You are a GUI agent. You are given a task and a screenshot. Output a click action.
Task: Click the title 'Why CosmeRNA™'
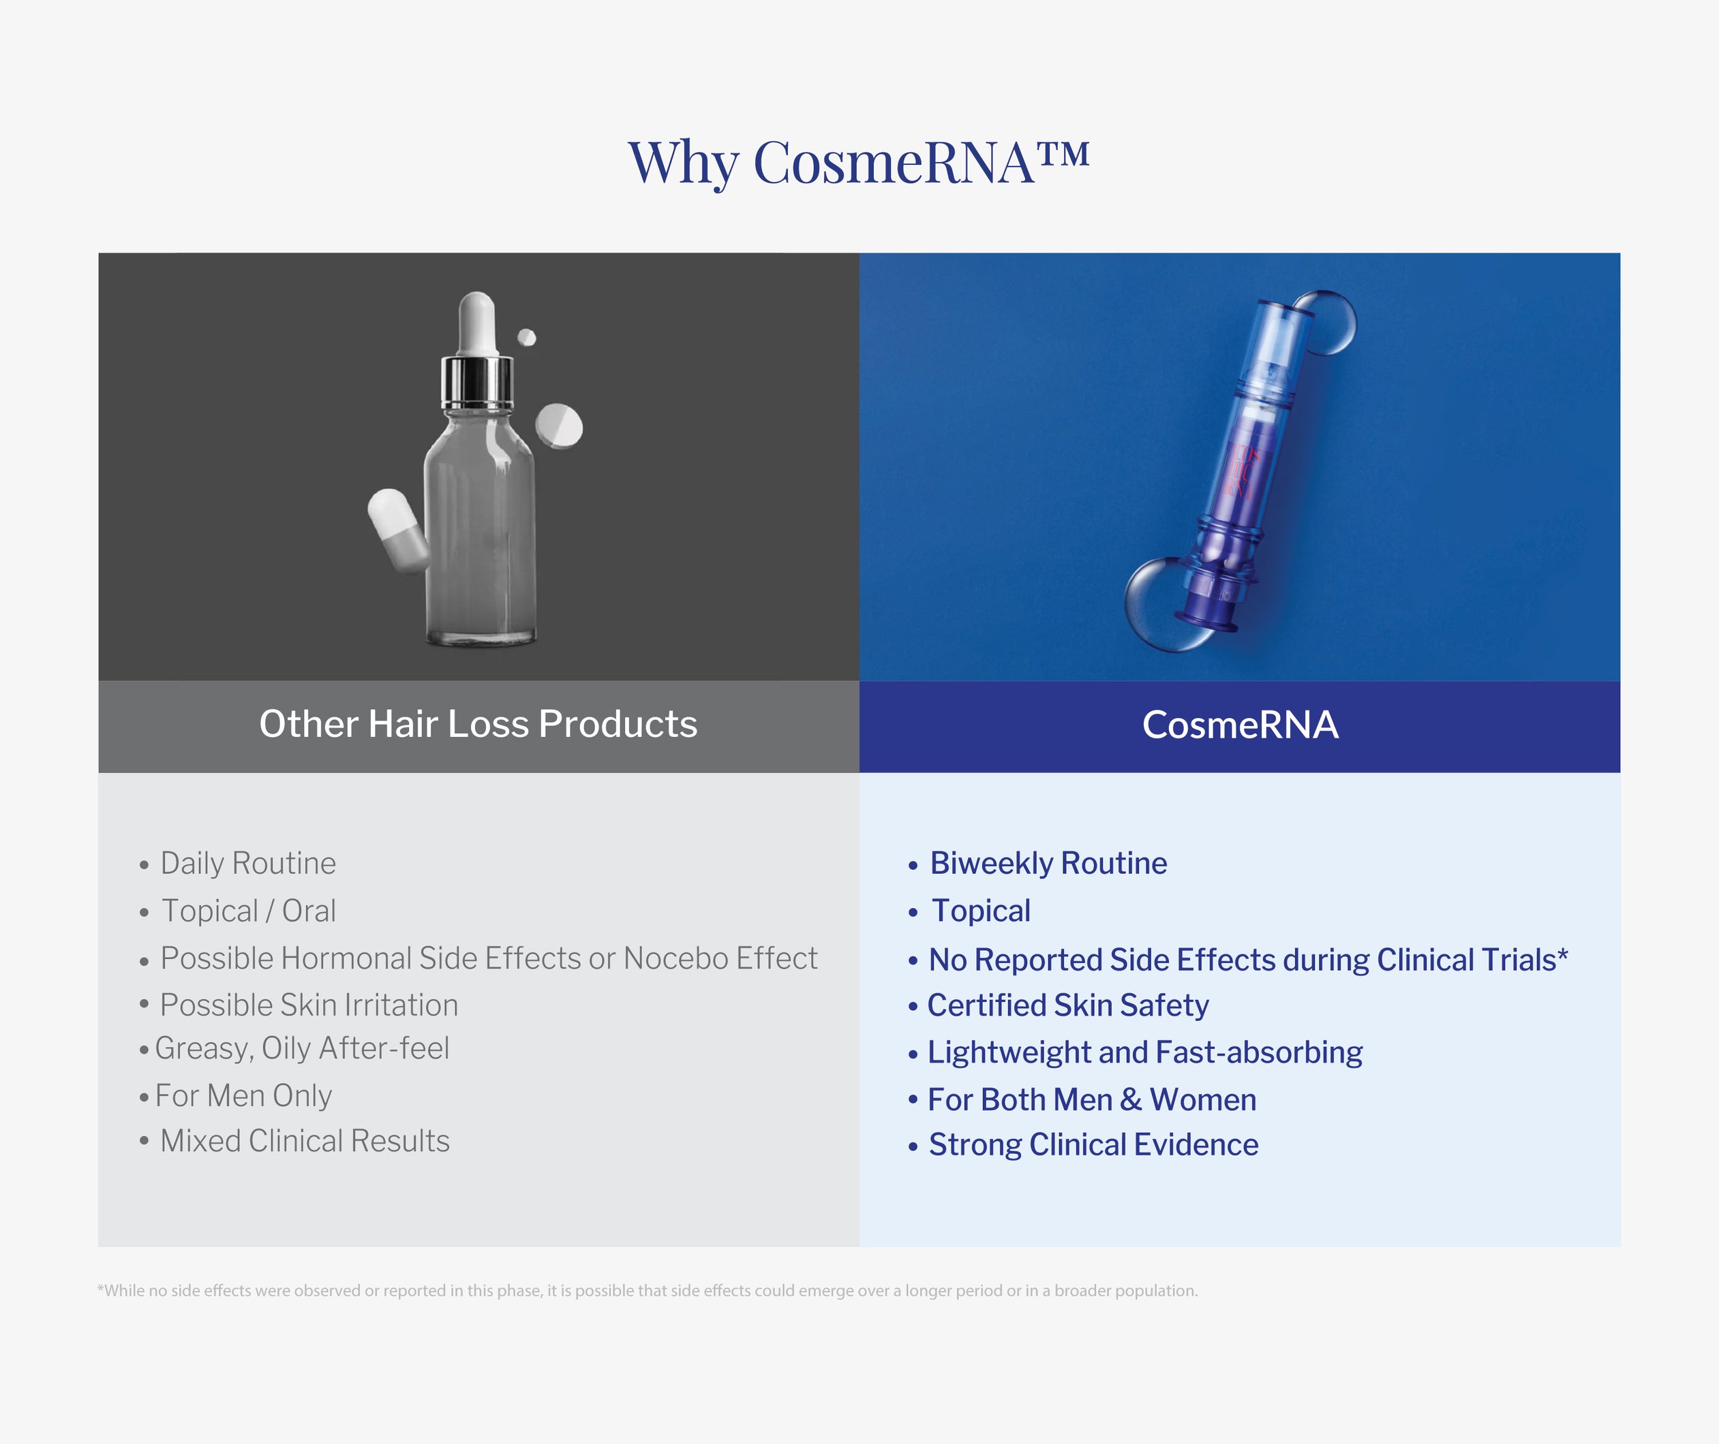click(x=857, y=161)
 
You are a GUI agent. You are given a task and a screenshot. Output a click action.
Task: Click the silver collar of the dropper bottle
click(x=476, y=382)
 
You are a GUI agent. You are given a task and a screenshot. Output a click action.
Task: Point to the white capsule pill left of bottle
click(x=397, y=531)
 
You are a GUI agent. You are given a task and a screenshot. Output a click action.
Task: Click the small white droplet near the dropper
click(x=527, y=337)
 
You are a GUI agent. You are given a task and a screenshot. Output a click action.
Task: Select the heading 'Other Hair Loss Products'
click(x=478, y=725)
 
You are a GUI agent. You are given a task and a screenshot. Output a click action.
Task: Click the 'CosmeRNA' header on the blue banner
click(x=1240, y=725)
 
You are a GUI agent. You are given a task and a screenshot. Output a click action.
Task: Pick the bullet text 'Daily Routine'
click(x=247, y=864)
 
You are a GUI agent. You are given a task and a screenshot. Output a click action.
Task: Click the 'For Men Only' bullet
click(x=243, y=1096)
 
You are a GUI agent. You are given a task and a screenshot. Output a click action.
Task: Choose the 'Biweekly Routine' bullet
click(x=1048, y=864)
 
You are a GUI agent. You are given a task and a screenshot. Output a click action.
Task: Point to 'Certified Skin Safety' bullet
click(x=1067, y=1005)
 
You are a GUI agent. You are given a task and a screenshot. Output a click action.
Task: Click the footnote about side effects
click(x=647, y=1291)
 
